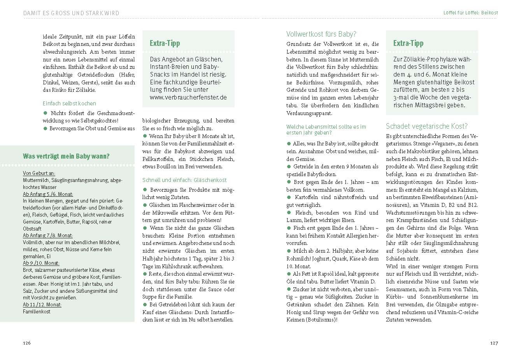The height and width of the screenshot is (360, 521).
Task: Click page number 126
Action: tap(26, 343)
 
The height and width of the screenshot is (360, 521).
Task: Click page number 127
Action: tap(494, 343)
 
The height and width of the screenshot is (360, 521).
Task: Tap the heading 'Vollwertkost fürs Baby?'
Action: tap(321, 34)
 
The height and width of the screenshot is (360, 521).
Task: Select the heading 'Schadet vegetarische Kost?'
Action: tap(426, 126)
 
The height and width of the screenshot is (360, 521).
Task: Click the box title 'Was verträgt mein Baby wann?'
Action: tap(66, 156)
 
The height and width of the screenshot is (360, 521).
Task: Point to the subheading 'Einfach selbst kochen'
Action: tap(69, 103)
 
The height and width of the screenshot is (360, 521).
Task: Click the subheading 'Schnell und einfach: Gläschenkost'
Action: tap(184, 180)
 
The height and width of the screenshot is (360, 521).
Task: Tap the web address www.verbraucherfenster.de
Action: tap(188, 98)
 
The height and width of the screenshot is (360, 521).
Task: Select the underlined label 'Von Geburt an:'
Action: tap(39, 173)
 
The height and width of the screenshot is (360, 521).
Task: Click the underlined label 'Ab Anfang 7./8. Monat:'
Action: tap(48, 235)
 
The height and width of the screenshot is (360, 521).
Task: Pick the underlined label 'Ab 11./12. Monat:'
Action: tap(42, 304)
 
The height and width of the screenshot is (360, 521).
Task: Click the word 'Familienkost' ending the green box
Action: tap(37, 311)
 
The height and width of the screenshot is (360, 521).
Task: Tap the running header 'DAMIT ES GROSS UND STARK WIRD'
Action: tap(71, 13)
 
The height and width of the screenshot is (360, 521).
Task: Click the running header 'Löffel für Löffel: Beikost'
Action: tap(470, 13)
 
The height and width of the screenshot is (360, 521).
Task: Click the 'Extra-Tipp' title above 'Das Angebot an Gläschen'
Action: tap(165, 43)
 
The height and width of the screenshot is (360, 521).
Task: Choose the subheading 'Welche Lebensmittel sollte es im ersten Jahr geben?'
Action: tap(326, 129)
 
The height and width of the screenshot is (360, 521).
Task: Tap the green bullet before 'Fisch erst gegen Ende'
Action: tap(289, 228)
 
